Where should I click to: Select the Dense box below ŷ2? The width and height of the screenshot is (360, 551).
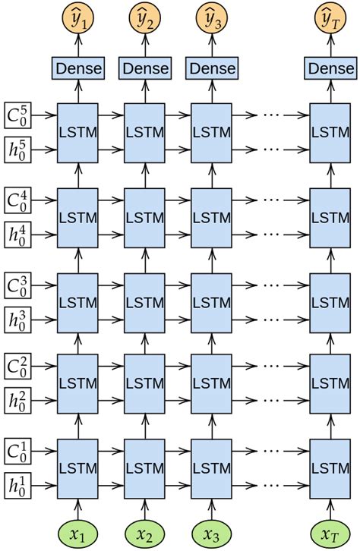click(x=144, y=68)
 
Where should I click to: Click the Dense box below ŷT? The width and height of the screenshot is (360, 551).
click(x=331, y=68)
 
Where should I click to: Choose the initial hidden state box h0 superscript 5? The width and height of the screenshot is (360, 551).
click(x=17, y=148)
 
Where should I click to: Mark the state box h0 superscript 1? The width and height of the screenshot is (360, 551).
click(x=17, y=483)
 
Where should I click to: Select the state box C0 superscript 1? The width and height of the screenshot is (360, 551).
click(x=17, y=450)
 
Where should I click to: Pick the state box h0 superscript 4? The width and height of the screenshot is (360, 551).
click(x=17, y=232)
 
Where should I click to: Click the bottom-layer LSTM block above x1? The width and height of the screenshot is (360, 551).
click(x=77, y=467)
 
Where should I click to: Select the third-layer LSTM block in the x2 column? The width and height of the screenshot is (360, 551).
click(x=144, y=301)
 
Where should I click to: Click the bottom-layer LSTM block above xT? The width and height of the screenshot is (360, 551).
click(x=331, y=467)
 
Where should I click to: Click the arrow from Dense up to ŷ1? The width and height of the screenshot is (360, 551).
click(x=77, y=44)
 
